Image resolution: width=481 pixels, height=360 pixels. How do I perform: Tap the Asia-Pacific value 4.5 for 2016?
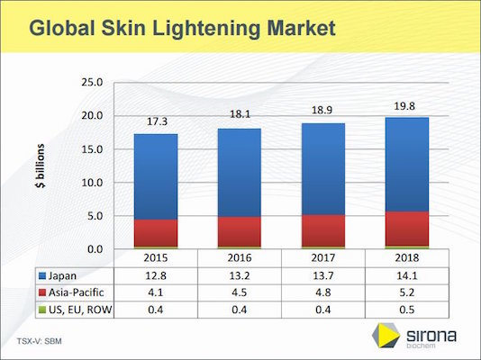click(x=240, y=293)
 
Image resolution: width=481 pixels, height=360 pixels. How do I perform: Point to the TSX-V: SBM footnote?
click(x=39, y=341)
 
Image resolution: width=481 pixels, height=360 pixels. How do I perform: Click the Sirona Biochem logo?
click(x=419, y=337)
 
